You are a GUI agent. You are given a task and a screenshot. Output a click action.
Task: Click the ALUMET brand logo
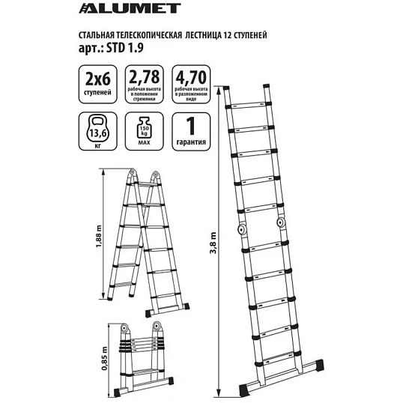[x=130, y=8]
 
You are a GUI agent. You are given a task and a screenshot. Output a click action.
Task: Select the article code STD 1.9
[x=125, y=47]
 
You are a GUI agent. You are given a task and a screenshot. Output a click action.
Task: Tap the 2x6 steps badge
[x=97, y=85]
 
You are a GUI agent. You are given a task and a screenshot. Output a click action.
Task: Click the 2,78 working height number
[x=144, y=77]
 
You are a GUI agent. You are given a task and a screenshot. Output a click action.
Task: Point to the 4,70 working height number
[x=191, y=77]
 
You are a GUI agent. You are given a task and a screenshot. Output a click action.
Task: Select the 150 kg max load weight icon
[x=144, y=128]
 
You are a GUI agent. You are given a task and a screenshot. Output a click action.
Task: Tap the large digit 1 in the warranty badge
[x=191, y=126]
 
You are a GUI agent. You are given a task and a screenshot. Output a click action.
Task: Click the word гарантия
[x=191, y=142]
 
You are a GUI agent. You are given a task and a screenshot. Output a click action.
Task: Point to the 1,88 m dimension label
[x=99, y=237]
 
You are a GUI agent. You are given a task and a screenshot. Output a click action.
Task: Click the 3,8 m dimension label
[x=213, y=243]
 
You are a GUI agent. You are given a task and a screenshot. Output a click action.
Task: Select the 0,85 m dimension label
[x=104, y=358]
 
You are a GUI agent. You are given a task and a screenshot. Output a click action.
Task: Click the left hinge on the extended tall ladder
[x=242, y=228]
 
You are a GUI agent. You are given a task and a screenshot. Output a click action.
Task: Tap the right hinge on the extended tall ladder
[x=280, y=222]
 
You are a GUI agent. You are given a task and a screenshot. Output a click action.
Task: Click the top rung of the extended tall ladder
[x=247, y=106]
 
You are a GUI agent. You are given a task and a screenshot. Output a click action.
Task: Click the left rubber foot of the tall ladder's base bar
[x=244, y=390]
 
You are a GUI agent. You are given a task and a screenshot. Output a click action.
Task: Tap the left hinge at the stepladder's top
[x=132, y=173]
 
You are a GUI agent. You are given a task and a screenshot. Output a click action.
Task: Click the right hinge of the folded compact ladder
[x=157, y=327]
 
